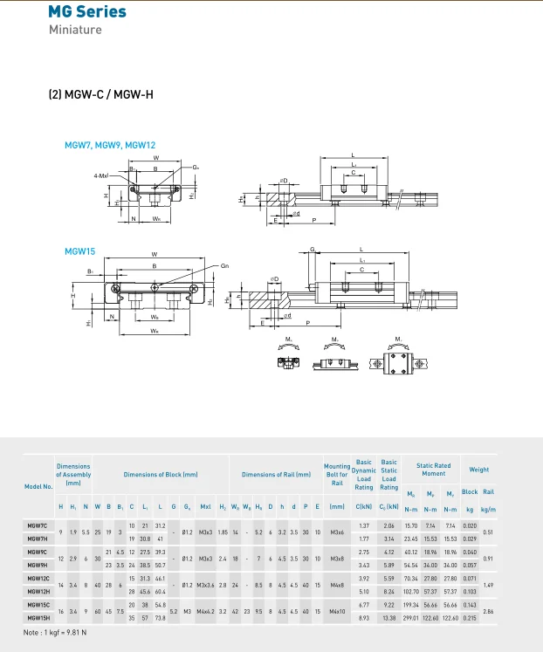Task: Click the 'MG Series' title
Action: pyautogui.click(x=86, y=12)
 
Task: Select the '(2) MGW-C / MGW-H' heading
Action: pyautogui.click(x=100, y=93)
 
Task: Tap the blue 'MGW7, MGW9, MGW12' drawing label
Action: pyautogui.click(x=110, y=145)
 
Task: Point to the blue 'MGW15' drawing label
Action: pyautogui.click(x=79, y=251)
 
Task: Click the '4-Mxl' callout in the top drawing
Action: pyautogui.click(x=101, y=175)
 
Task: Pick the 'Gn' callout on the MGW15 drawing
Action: pyautogui.click(x=224, y=265)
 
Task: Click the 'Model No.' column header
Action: pyautogui.click(x=38, y=486)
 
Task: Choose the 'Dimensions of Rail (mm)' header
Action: pyautogui.click(x=276, y=475)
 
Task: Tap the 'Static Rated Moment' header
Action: pyautogui.click(x=433, y=470)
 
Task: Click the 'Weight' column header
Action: pyautogui.click(x=479, y=470)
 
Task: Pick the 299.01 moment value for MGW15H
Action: pyautogui.click(x=410, y=617)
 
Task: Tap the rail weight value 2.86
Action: pyautogui.click(x=489, y=611)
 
